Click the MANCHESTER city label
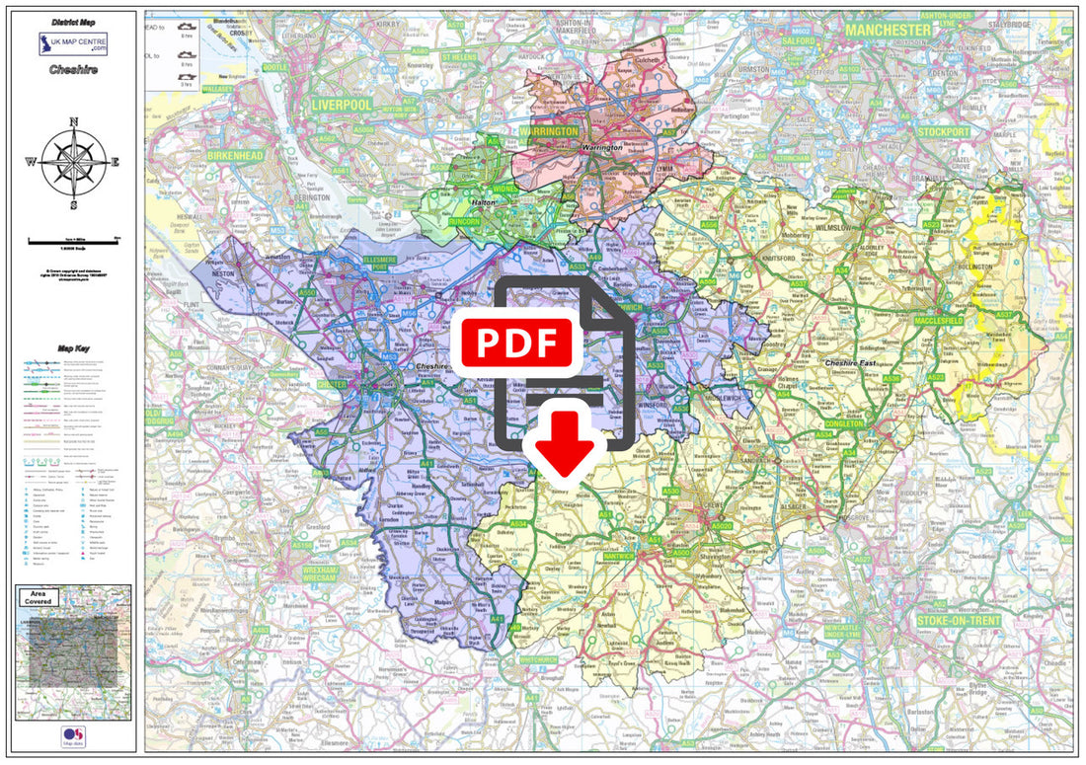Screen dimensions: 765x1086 (x=888, y=30)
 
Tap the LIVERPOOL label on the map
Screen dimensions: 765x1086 (x=342, y=104)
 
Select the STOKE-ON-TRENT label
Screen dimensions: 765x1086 (x=959, y=621)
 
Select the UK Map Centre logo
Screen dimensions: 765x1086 (x=73, y=44)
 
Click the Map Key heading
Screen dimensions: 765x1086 (x=73, y=348)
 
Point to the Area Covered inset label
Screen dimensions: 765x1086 (x=39, y=596)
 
